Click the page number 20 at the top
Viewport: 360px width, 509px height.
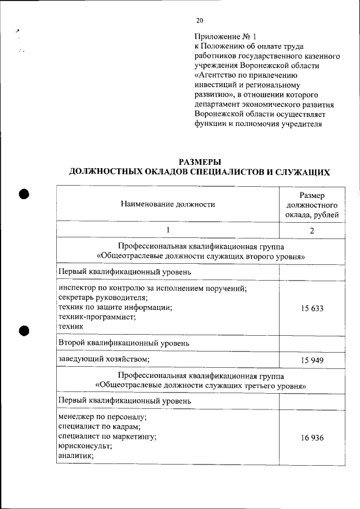(199, 21)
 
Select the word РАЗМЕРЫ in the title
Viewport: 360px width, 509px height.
(199, 162)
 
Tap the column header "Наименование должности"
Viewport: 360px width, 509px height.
(168, 205)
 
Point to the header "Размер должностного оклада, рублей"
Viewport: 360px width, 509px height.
(311, 205)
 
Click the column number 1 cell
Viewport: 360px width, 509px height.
(168, 230)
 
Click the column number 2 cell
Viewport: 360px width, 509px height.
(311, 231)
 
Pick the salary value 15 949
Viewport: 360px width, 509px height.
(311, 359)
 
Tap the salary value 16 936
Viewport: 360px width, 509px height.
(311, 438)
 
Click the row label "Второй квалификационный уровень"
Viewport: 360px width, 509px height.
(124, 342)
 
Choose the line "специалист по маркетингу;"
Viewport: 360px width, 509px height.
(107, 437)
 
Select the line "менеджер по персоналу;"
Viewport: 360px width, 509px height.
(102, 417)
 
